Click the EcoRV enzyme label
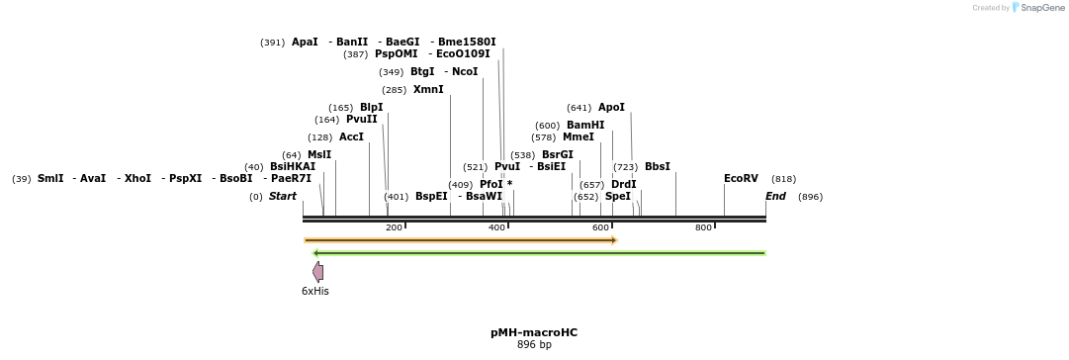(x=741, y=179)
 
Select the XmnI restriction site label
(x=428, y=90)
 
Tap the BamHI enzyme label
(x=585, y=126)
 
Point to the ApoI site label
(x=611, y=108)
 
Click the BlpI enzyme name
(x=371, y=108)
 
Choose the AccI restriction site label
(x=351, y=137)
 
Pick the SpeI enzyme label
(x=618, y=197)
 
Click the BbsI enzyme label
(x=657, y=167)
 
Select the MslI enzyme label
(x=319, y=155)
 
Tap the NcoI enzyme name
(x=465, y=72)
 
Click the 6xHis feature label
(x=315, y=291)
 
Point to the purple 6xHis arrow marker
(x=317, y=271)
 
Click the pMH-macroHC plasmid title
(x=534, y=333)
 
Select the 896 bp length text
(x=534, y=345)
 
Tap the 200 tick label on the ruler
(x=394, y=228)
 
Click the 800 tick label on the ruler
(x=703, y=228)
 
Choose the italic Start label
(x=283, y=197)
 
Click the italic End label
(x=776, y=197)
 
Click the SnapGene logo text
(x=1040, y=8)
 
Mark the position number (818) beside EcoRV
(x=783, y=179)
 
